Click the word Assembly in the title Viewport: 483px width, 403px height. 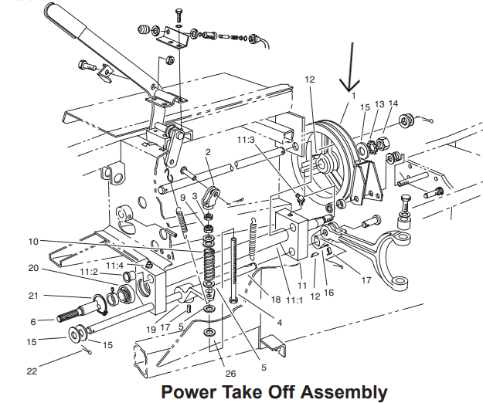(x=344, y=392)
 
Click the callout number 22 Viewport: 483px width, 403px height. (x=32, y=371)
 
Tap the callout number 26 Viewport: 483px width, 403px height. (x=230, y=374)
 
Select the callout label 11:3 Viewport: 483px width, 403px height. (x=246, y=140)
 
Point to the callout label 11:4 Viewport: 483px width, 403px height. (x=114, y=265)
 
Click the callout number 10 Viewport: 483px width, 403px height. (x=33, y=242)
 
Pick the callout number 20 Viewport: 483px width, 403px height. (x=33, y=268)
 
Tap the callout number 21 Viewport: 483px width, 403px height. (x=33, y=296)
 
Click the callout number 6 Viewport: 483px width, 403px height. (x=33, y=322)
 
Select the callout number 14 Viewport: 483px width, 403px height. (x=393, y=103)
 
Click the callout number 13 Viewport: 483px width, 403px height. (x=379, y=104)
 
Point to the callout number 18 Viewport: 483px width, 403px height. (x=276, y=299)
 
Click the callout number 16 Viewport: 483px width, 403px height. (x=329, y=293)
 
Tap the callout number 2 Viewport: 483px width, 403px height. (x=208, y=151)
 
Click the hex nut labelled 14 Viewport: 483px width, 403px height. (x=383, y=143)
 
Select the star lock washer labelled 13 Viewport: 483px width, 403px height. (x=372, y=146)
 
